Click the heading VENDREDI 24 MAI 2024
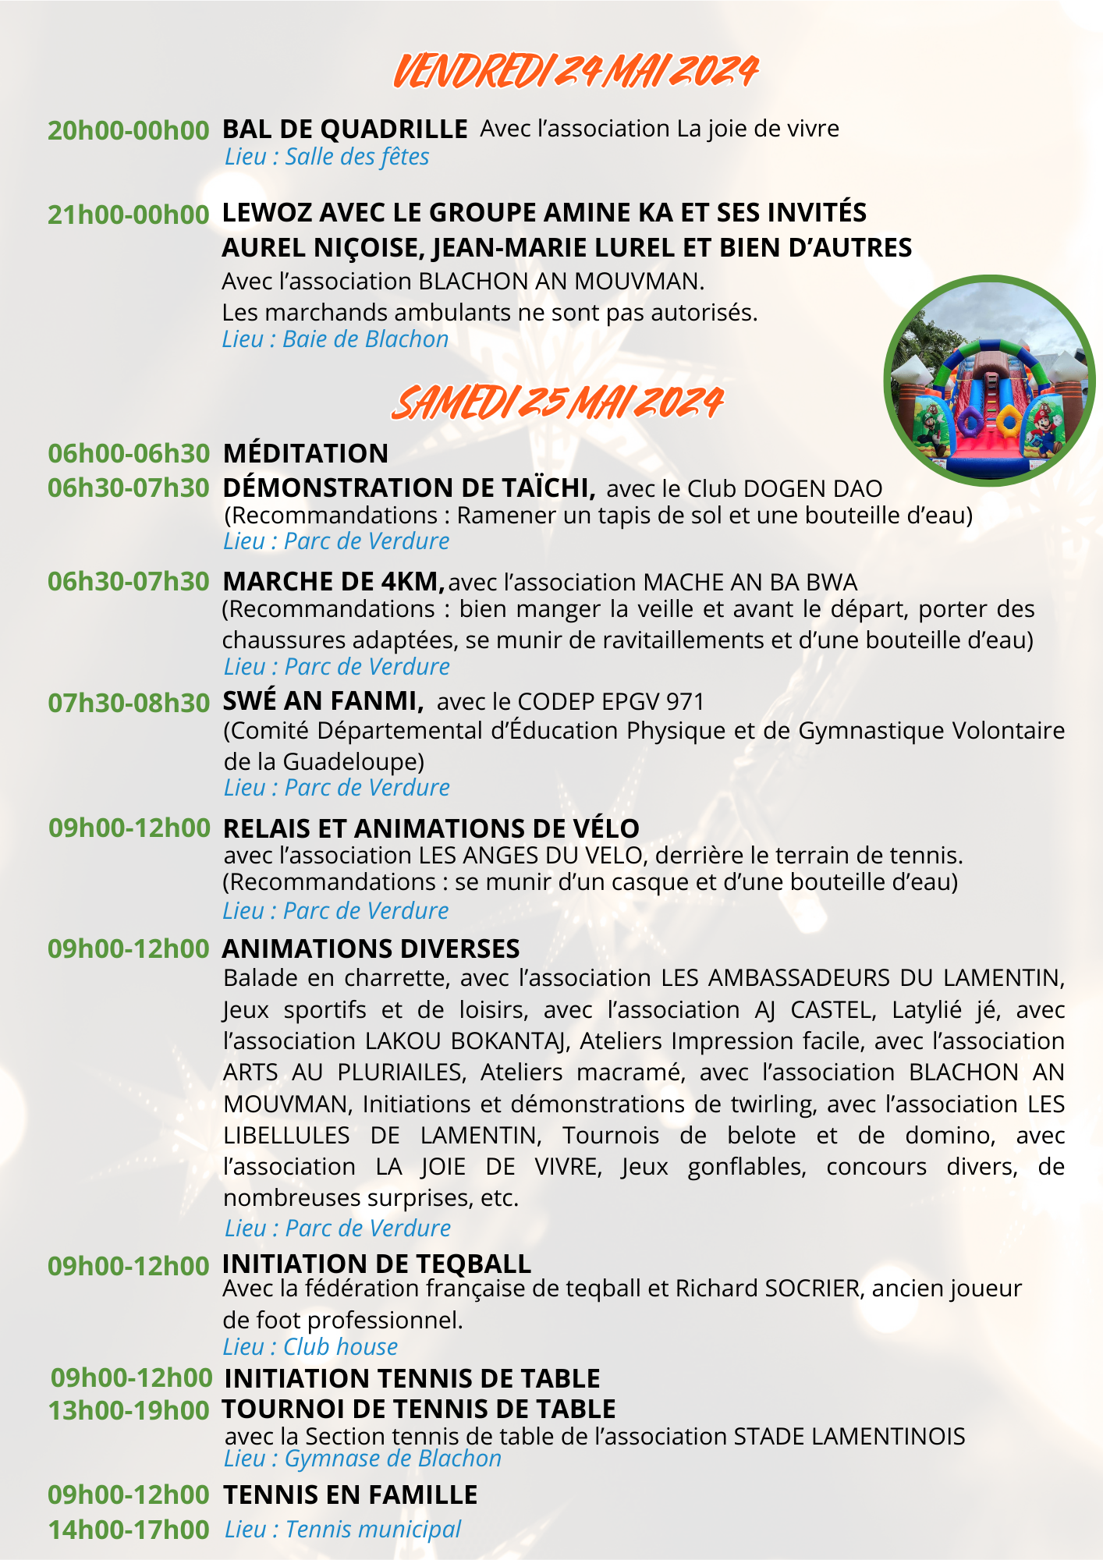coord(575,72)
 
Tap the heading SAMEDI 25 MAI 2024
coord(557,403)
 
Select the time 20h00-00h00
coord(129,130)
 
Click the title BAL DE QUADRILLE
coord(345,129)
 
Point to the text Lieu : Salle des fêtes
coord(327,157)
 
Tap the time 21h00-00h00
coord(129,214)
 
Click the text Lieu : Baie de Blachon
coord(335,339)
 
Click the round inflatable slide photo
coord(989,381)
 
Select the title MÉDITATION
coord(306,453)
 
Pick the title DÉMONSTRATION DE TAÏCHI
coord(410,487)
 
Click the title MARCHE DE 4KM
coord(333,581)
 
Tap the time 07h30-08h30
coord(129,703)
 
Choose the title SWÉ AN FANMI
coord(323,701)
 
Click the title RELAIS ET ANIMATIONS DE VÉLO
coord(431,828)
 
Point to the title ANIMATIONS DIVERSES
coord(371,948)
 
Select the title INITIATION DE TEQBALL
coord(377,1264)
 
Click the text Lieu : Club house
coord(310,1347)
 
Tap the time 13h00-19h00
coord(129,1410)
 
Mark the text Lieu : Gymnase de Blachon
coord(363,1459)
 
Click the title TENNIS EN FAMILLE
coord(350,1494)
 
